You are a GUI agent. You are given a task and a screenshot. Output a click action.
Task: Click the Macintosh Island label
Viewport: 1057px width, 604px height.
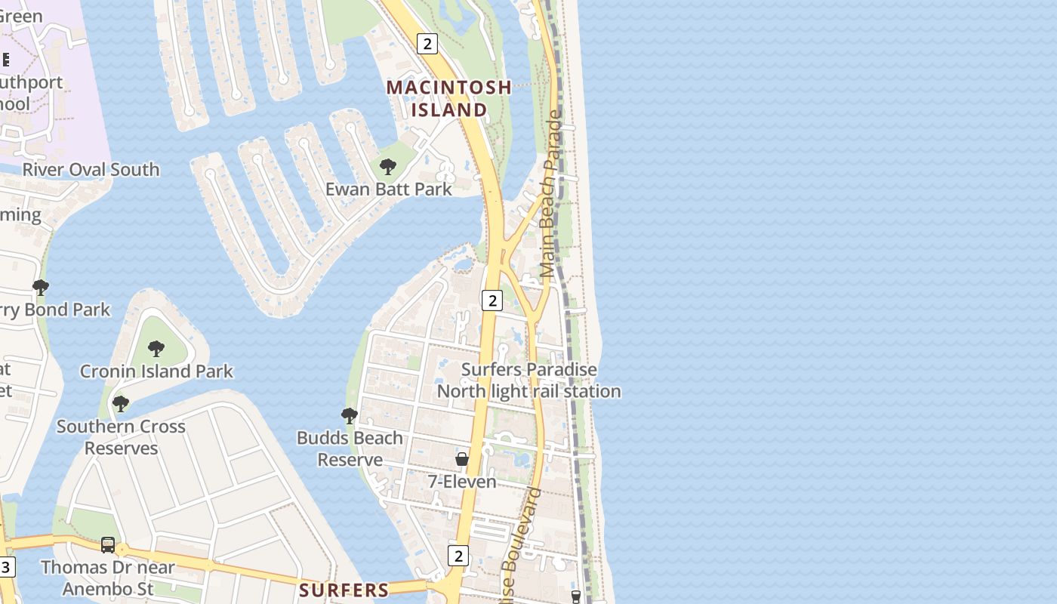pyautogui.click(x=449, y=98)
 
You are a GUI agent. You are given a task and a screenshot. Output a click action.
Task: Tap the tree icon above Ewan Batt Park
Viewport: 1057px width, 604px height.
pyautogui.click(x=388, y=167)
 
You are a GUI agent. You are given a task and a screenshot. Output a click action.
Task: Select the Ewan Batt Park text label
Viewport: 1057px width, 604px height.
pyautogui.click(x=389, y=189)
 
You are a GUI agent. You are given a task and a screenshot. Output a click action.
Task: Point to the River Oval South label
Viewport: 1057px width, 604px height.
pyautogui.click(x=91, y=169)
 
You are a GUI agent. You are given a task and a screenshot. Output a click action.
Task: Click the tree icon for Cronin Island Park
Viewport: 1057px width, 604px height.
pyautogui.click(x=156, y=349)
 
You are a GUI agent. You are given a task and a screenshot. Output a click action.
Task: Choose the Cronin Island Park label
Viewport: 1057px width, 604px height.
pyautogui.click(x=156, y=371)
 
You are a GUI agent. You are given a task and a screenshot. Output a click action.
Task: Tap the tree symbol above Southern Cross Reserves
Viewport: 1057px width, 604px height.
pyautogui.click(x=120, y=404)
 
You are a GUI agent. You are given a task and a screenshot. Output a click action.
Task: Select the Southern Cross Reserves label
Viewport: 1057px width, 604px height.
pyautogui.click(x=121, y=437)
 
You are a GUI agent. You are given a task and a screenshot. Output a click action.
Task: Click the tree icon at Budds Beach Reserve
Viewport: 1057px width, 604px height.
pyautogui.click(x=349, y=415)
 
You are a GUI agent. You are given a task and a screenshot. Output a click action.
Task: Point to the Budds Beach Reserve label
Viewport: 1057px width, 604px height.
pyautogui.click(x=350, y=448)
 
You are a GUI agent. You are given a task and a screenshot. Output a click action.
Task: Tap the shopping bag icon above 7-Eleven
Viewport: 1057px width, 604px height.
pyautogui.click(x=462, y=459)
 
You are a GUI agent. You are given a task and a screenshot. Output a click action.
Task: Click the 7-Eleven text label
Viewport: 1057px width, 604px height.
pyautogui.click(x=462, y=482)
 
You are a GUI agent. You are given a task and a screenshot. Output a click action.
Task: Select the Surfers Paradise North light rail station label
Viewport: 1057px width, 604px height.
pyautogui.click(x=528, y=381)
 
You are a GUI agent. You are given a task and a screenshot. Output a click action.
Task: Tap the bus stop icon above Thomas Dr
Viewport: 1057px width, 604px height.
pyautogui.click(x=108, y=545)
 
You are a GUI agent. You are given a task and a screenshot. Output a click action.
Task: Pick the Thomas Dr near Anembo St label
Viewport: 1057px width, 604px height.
pyautogui.click(x=108, y=578)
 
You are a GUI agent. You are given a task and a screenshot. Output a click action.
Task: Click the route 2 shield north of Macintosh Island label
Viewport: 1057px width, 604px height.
pyautogui.click(x=427, y=44)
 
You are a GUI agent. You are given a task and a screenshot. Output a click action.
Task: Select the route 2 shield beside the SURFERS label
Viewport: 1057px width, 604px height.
pyautogui.click(x=458, y=556)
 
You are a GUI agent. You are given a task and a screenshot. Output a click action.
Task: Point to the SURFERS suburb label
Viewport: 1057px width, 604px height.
pyautogui.click(x=344, y=590)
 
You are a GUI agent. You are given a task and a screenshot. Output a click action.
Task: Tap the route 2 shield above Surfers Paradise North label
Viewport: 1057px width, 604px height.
pyautogui.click(x=492, y=300)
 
